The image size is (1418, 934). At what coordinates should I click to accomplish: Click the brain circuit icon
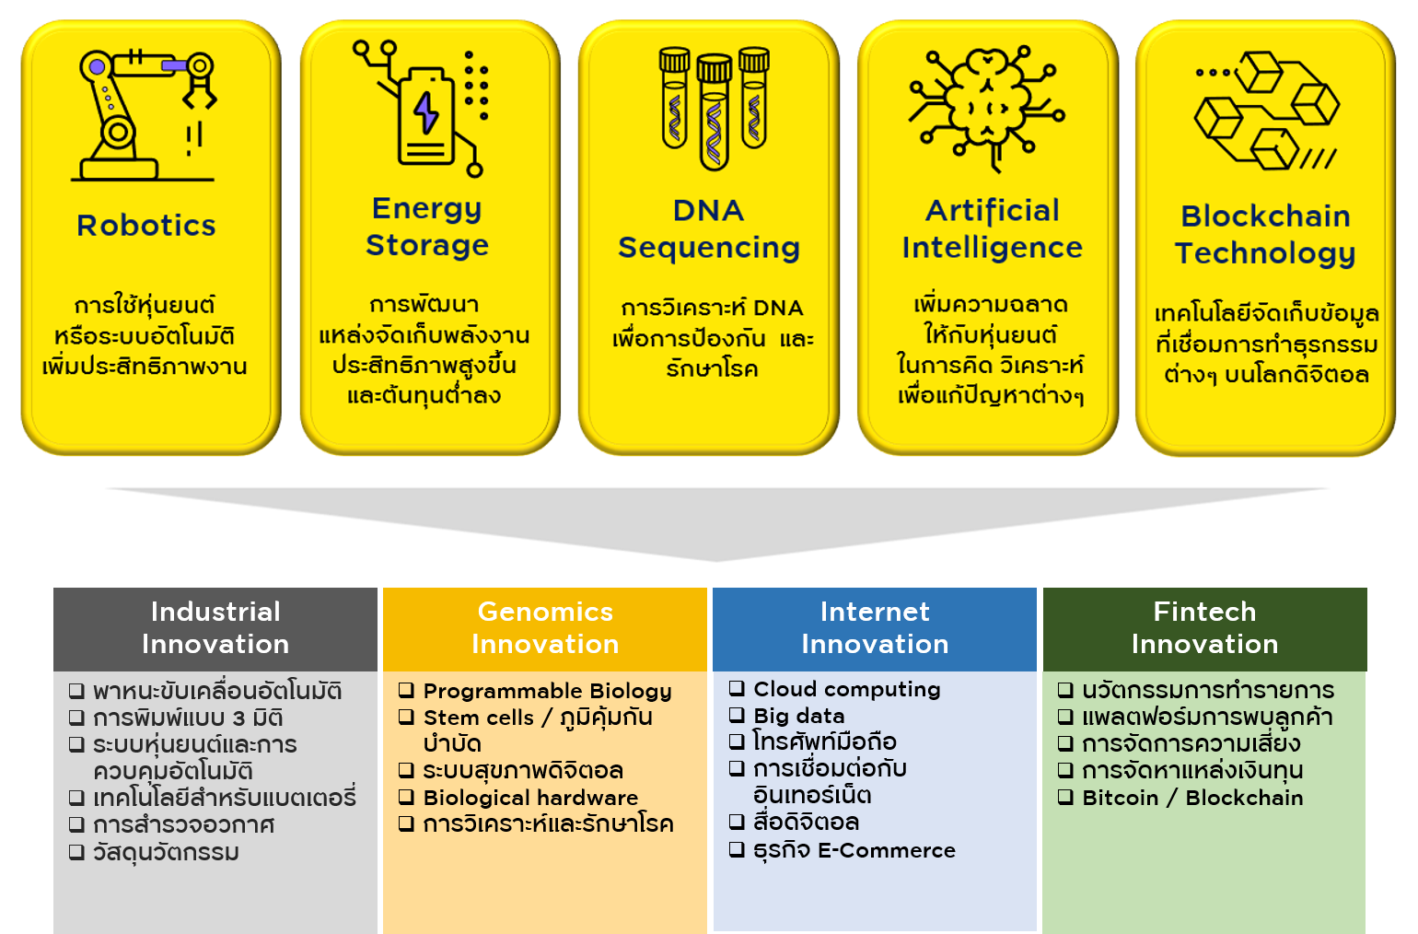point(986,109)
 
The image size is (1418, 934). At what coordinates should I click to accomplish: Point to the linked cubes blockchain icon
point(1267,111)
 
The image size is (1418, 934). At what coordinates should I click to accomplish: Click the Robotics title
point(146,226)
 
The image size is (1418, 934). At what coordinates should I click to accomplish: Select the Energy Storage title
point(427,228)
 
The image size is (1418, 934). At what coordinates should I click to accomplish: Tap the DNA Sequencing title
point(709,229)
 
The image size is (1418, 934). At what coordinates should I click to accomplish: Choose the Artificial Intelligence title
point(992,228)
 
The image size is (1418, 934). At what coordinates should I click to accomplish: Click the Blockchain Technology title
point(1265,235)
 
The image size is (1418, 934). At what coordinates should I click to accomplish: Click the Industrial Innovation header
point(215,629)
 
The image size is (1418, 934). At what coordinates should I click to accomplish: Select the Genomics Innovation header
point(545,629)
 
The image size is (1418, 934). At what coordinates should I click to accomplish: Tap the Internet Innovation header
point(875,629)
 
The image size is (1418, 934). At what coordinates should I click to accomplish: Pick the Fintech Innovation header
point(1204,629)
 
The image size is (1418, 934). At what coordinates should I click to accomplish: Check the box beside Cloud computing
point(737,688)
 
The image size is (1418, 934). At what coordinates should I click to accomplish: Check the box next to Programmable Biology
point(406,690)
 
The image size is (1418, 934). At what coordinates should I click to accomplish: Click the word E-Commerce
point(887,850)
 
